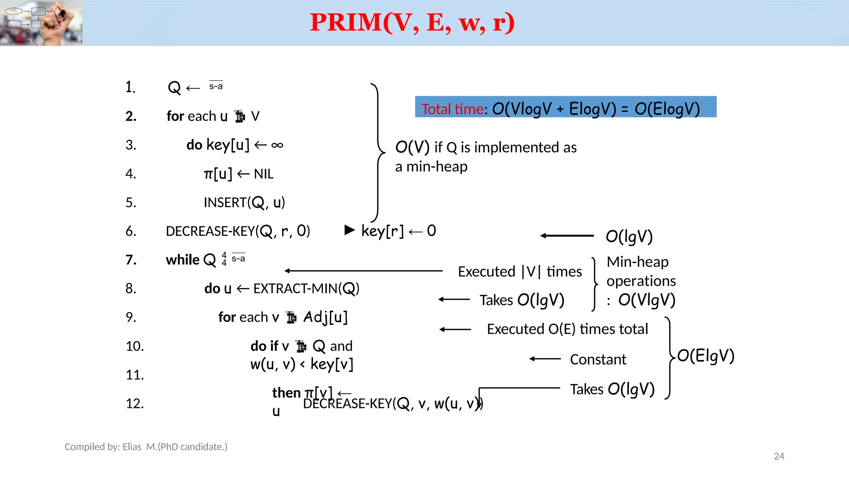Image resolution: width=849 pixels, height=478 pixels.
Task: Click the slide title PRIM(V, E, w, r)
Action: pos(412,22)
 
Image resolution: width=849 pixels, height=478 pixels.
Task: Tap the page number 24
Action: pos(779,456)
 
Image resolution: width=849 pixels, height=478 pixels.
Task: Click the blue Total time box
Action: pos(565,107)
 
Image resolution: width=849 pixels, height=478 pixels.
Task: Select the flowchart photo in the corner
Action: pos(41,23)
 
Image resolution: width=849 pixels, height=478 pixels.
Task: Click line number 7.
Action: pos(131,260)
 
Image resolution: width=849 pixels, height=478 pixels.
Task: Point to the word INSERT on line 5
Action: pos(225,202)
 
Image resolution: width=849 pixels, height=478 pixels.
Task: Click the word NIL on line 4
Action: pos(264,174)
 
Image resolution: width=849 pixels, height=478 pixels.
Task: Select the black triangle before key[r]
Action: pos(350,230)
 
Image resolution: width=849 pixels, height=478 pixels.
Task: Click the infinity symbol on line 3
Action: pos(277,145)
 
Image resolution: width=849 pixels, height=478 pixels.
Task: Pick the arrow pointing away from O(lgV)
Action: pos(567,236)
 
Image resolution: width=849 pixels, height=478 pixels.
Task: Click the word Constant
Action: pos(598,359)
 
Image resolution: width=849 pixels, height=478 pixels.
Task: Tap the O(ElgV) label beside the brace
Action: pos(706,356)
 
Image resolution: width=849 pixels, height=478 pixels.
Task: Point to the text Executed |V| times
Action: pos(520,272)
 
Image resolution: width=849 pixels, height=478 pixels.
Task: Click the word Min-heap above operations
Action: pos(638,262)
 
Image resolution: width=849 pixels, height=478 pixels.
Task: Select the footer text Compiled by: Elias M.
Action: pos(146,447)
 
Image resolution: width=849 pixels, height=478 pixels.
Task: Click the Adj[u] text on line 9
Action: pos(325,317)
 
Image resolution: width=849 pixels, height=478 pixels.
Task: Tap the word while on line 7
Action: pos(182,260)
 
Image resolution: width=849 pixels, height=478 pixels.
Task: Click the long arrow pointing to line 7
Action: pos(364,271)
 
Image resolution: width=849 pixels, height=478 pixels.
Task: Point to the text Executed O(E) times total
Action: pos(567,329)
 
